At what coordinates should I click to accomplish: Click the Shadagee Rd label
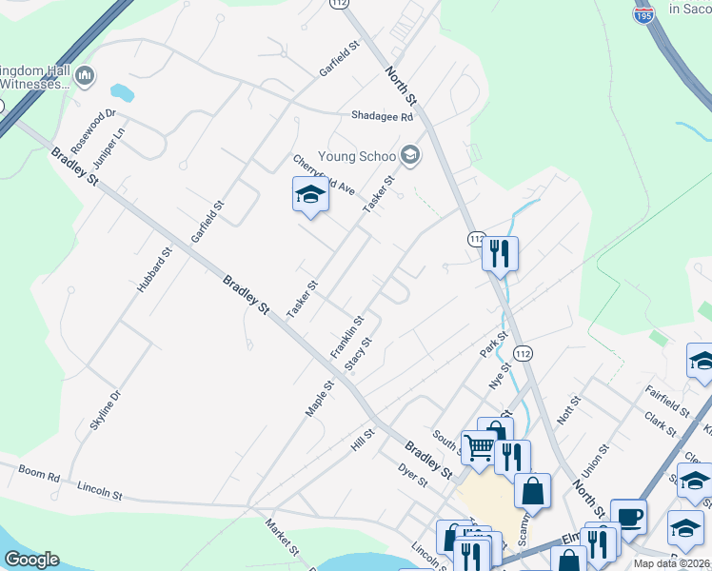(x=381, y=117)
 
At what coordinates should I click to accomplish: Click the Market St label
(x=283, y=538)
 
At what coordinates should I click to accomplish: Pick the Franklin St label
(x=347, y=337)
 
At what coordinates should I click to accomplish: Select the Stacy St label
(x=358, y=354)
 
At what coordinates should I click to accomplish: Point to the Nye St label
(x=495, y=379)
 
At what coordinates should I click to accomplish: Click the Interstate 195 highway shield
(x=643, y=13)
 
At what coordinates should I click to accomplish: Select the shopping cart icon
(x=479, y=447)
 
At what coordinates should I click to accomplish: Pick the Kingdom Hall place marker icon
(x=85, y=75)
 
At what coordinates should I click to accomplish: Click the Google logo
(x=31, y=559)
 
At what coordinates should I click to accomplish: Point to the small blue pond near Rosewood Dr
(x=122, y=93)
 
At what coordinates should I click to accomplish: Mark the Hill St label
(x=363, y=439)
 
